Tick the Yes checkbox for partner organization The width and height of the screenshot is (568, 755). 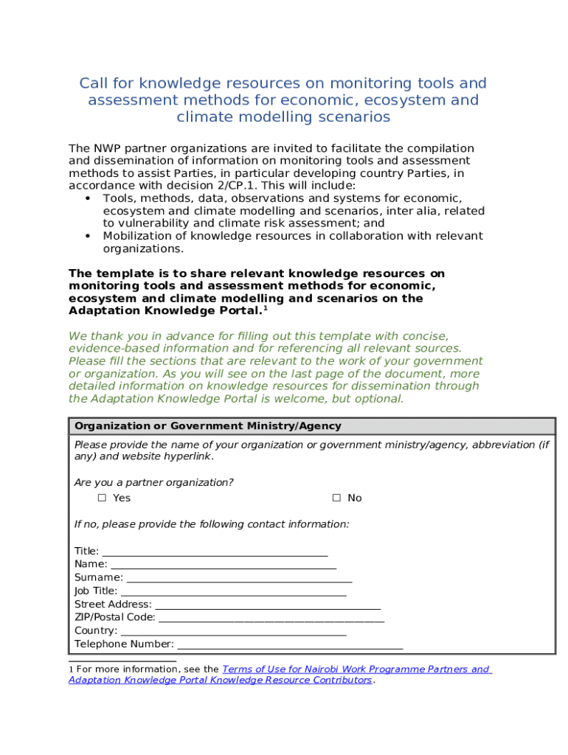pyautogui.click(x=102, y=498)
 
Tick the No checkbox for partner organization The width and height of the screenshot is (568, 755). pyautogui.click(x=336, y=498)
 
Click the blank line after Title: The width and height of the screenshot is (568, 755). pyautogui.click(x=215, y=552)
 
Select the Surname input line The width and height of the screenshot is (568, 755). pyautogui.click(x=238, y=578)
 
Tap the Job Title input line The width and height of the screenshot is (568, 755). pyautogui.click(x=233, y=591)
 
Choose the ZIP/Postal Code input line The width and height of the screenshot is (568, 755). pyautogui.click(x=271, y=618)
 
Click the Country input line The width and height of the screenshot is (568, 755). pyautogui.click(x=233, y=631)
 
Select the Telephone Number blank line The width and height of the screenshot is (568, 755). pyautogui.click(x=290, y=644)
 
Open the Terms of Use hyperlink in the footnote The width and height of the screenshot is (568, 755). pyautogui.click(x=355, y=669)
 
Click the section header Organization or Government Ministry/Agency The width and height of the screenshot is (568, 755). pyautogui.click(x=208, y=426)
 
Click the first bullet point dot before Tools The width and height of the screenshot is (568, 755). pyautogui.click(x=88, y=198)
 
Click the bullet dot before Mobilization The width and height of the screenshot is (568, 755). pyautogui.click(x=88, y=236)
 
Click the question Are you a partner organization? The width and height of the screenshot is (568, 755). pyautogui.click(x=154, y=483)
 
